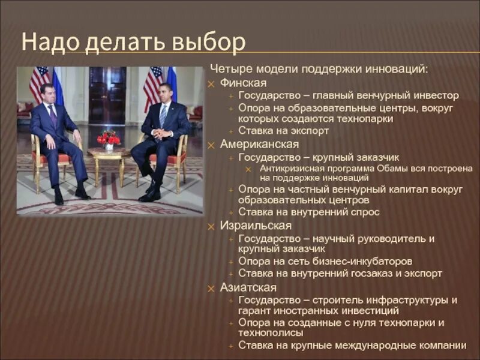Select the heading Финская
[243, 83]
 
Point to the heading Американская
[259, 145]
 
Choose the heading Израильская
[256, 226]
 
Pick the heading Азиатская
[248, 287]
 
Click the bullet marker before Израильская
[211, 227]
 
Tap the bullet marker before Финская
[211, 83]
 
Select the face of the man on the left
[47, 94]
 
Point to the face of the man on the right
[166, 93]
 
